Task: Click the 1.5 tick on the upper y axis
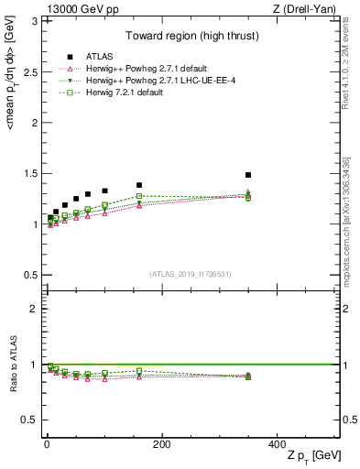pyautogui.click(x=34, y=173)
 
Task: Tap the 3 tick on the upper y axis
pyautogui.click(x=37, y=21)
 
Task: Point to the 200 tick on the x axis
pyautogui.click(x=161, y=444)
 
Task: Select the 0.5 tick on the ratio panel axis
pyautogui.click(x=34, y=420)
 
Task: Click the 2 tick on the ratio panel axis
pyautogui.click(x=37, y=309)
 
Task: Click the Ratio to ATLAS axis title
pyautogui.click(x=12, y=365)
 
